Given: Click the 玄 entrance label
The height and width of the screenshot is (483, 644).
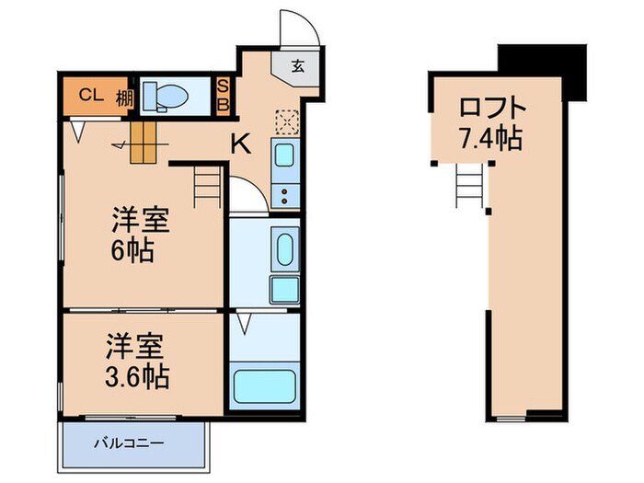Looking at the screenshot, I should coord(300,66).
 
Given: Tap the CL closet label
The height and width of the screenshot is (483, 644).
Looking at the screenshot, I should coord(88,94).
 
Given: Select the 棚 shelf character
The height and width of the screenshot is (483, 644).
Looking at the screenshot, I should coord(122,95).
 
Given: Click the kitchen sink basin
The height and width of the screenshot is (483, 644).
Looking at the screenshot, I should coord(285,155).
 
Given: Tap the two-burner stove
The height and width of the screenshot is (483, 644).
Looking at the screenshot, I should coord(285,193).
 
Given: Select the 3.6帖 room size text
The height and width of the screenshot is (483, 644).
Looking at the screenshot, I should coord(137,377).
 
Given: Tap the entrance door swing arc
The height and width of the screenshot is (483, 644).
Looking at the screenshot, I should coord(302,28).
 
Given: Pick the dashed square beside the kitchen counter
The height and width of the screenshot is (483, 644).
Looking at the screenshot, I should coord(287,122).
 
